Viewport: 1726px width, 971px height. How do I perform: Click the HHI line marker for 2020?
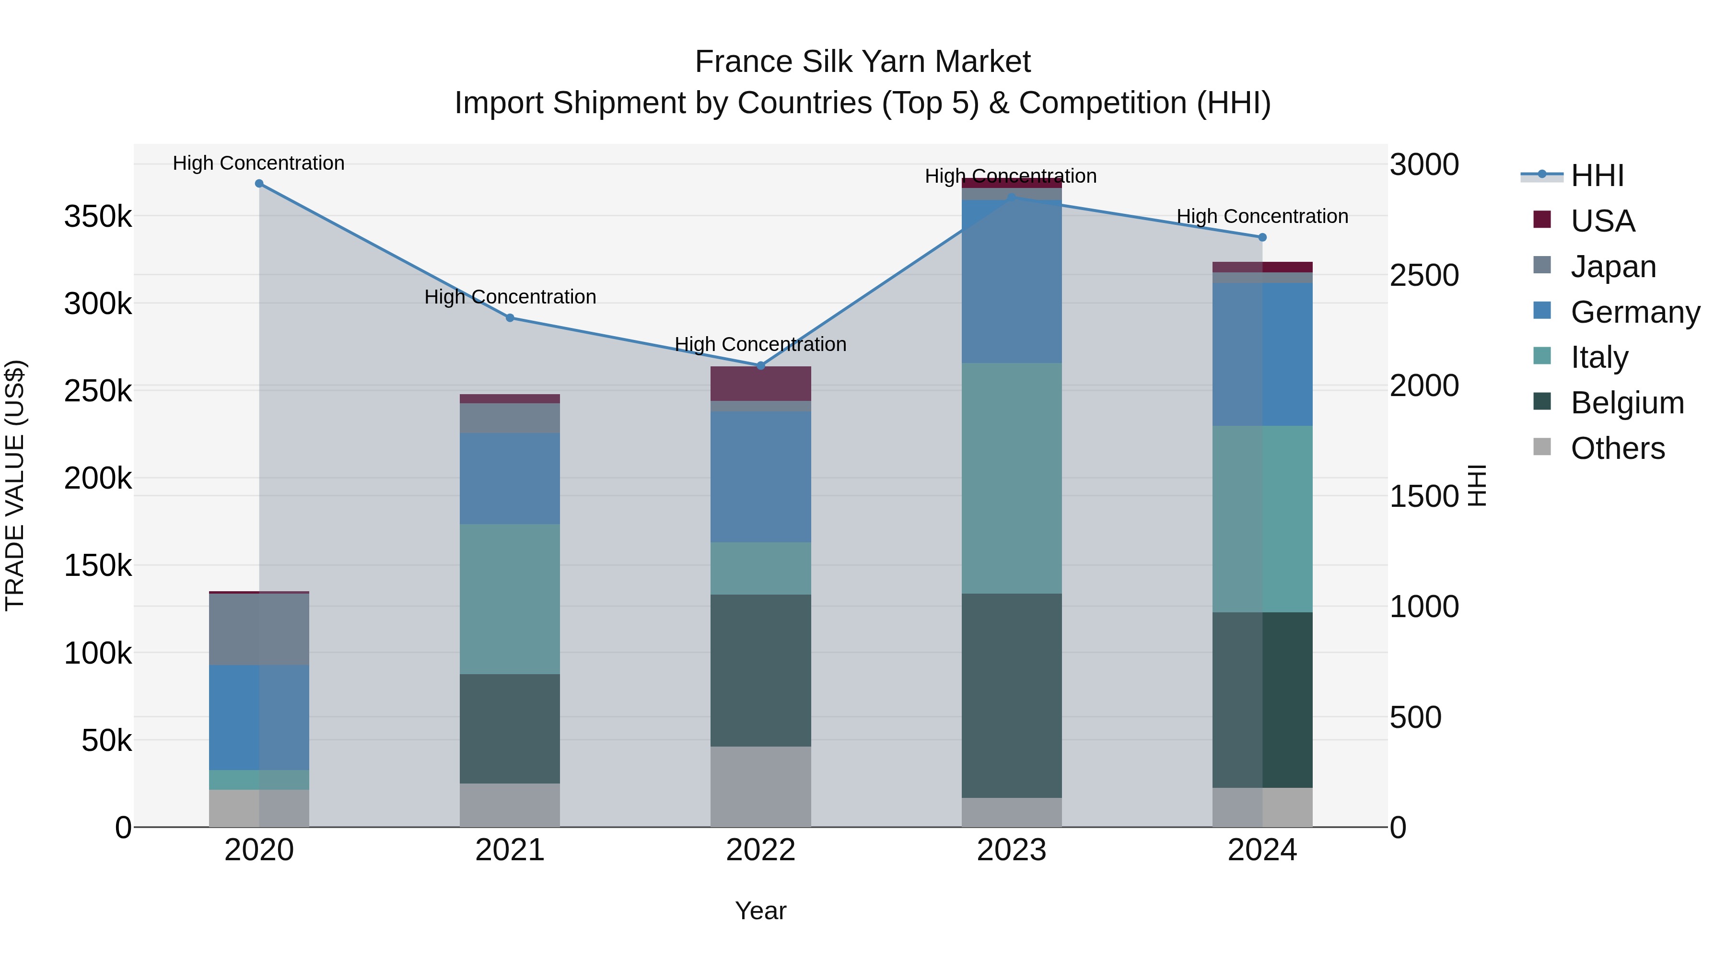click(259, 184)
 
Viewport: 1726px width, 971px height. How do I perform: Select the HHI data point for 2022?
click(760, 366)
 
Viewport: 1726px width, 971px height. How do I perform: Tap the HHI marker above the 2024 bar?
click(1262, 237)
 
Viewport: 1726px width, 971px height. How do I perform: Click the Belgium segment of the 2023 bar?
click(1012, 696)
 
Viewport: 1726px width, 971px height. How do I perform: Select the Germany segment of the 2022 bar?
click(760, 477)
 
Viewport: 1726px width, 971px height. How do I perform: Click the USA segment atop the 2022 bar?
click(760, 383)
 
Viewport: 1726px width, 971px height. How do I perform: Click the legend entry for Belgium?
click(1626, 403)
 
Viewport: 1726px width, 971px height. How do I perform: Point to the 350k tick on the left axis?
click(98, 216)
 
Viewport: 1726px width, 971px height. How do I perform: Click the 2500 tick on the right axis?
click(1424, 275)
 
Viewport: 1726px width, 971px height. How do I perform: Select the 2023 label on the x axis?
click(1011, 850)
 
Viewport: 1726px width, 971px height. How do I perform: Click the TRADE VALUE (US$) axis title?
click(15, 485)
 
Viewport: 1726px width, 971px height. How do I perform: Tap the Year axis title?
click(760, 911)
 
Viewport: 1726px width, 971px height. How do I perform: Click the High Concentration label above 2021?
click(510, 296)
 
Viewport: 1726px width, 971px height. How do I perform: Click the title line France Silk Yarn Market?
click(863, 62)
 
